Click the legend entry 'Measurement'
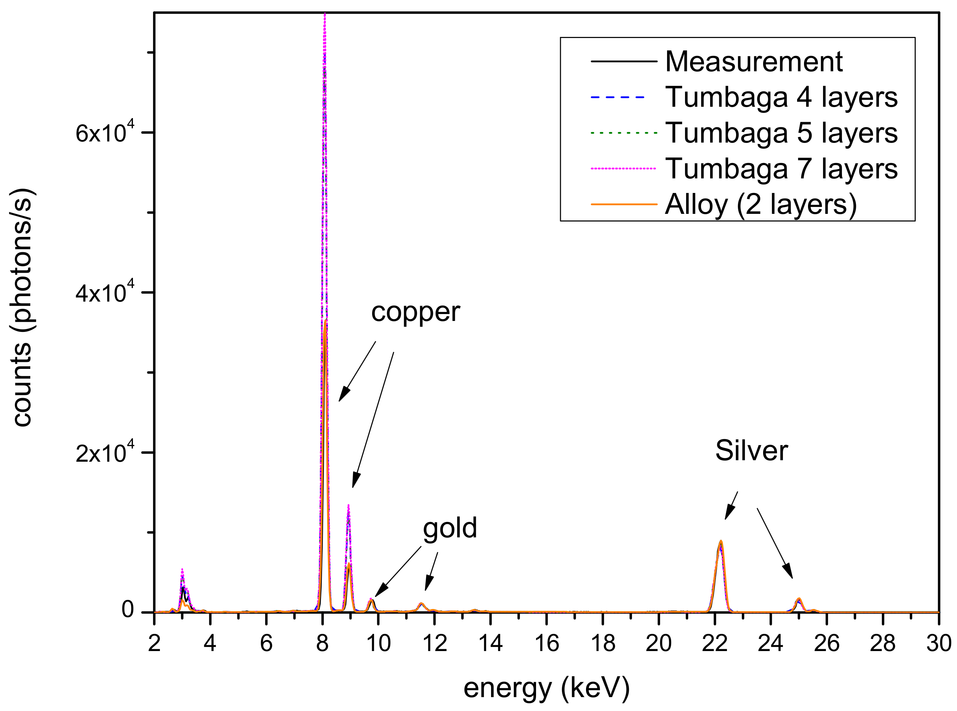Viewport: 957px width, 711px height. pyautogui.click(x=753, y=61)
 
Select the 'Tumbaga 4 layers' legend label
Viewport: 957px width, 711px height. pyautogui.click(x=781, y=97)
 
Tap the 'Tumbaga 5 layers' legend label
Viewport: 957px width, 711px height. pyautogui.click(x=781, y=133)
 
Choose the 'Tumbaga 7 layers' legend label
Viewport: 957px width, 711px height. pyautogui.click(x=781, y=169)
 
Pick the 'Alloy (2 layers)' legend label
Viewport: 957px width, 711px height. pyautogui.click(x=761, y=204)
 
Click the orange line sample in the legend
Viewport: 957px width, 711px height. pyautogui.click(x=624, y=204)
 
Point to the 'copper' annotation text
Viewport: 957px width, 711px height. pyautogui.click(x=415, y=312)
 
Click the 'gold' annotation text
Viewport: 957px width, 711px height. pyautogui.click(x=450, y=529)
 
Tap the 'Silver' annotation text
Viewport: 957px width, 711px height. pyautogui.click(x=751, y=451)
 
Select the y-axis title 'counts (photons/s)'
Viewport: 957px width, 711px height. pyautogui.click(x=22, y=307)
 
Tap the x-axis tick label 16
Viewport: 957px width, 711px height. pyautogui.click(x=547, y=644)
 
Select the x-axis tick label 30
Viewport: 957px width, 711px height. pyautogui.click(x=938, y=644)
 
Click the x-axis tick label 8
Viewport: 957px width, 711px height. pyautogui.click(x=322, y=644)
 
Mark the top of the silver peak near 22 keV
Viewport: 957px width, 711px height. pyautogui.click(x=720, y=541)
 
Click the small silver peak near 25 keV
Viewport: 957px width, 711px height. pyautogui.click(x=799, y=599)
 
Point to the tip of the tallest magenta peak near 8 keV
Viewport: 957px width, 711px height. pyautogui.click(x=325, y=15)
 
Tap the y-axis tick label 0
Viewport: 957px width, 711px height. pyautogui.click(x=127, y=610)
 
